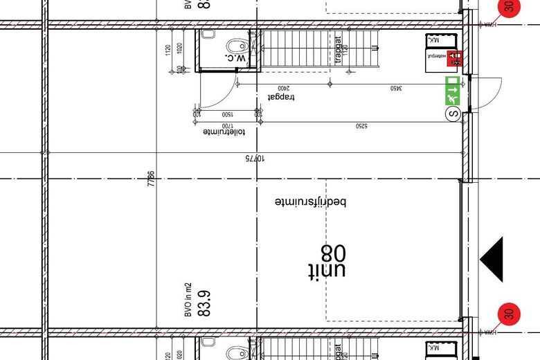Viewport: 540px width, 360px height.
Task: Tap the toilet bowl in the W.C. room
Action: pos(236,45)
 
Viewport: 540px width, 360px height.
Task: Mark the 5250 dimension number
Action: pos(361,127)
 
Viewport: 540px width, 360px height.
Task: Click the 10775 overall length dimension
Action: pos(255,159)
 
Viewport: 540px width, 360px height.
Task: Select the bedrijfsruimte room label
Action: pos(310,202)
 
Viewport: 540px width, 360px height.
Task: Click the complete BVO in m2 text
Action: pos(188,299)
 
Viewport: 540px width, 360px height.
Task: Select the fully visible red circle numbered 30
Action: pos(508,314)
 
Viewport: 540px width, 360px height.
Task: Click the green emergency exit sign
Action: pos(453,91)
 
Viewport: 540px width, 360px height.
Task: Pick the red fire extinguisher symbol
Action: pos(455,60)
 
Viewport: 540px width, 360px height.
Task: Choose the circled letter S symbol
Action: pos(453,114)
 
